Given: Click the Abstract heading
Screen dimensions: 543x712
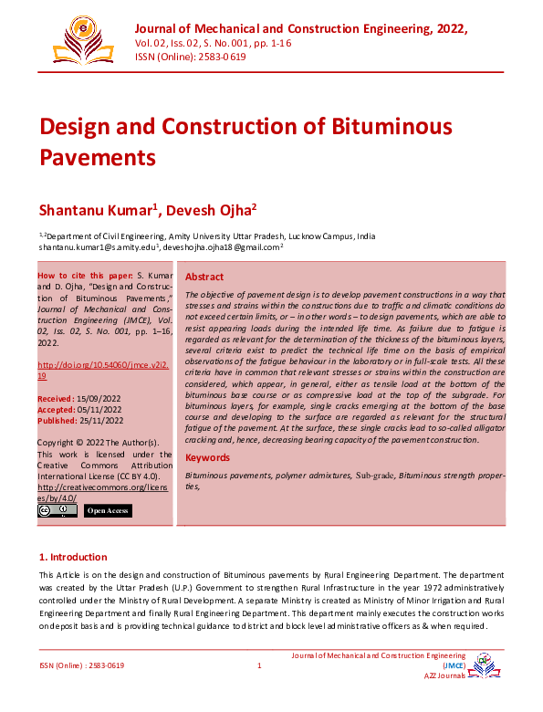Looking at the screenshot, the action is [x=204, y=277].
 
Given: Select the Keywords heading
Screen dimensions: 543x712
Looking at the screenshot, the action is [x=208, y=457].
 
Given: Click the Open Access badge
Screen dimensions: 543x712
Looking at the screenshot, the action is [x=108, y=511].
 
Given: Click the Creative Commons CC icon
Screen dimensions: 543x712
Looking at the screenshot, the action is [x=57, y=511].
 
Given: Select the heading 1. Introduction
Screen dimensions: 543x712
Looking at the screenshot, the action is [x=73, y=557].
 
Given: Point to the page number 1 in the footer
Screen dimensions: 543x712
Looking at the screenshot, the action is [x=259, y=665].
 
